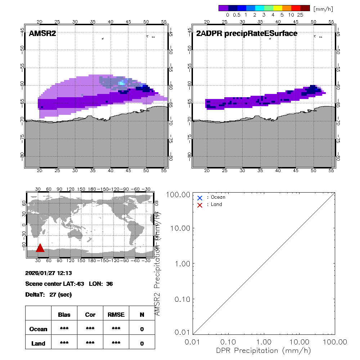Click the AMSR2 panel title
(x=42, y=33)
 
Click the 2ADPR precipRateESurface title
(x=247, y=33)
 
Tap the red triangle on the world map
(x=40, y=248)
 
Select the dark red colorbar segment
(x=305, y=8)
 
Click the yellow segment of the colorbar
(x=278, y=8)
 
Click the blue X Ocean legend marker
(x=200, y=198)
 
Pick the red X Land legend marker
(x=200, y=205)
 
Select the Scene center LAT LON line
(x=69, y=284)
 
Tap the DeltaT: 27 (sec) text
(x=48, y=294)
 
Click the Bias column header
(x=64, y=315)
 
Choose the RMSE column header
(x=116, y=315)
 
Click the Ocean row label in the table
(x=38, y=329)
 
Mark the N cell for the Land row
(x=142, y=343)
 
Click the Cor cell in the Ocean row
(x=90, y=329)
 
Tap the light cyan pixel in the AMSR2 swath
(x=122, y=84)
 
